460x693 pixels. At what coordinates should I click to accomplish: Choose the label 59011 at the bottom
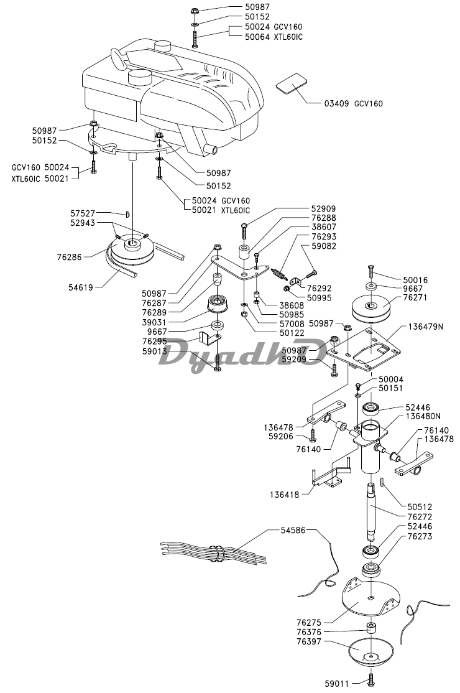click(339, 680)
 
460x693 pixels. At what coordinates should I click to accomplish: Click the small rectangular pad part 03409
click(292, 83)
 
